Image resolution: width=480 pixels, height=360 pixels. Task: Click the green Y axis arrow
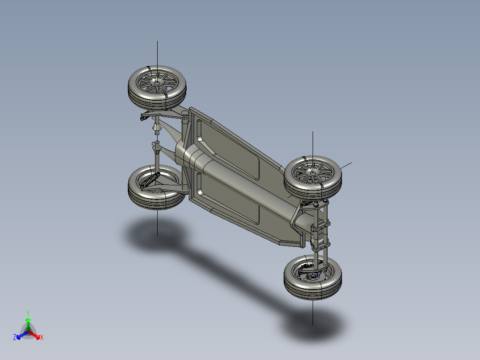(x=28, y=322)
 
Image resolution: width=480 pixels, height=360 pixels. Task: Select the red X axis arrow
(x=37, y=335)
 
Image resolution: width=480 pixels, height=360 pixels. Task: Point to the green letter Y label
(x=28, y=313)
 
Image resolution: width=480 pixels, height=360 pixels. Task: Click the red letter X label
(x=42, y=338)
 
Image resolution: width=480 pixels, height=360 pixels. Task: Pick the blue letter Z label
(x=15, y=337)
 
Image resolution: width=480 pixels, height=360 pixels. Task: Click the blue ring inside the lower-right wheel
(x=313, y=276)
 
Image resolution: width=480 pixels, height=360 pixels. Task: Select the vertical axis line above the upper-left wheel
(x=157, y=53)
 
